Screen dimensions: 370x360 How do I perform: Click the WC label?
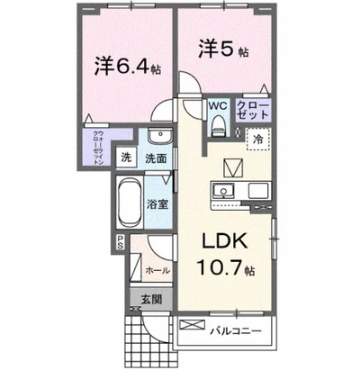pyautogui.click(x=218, y=105)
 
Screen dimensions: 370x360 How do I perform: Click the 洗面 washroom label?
pyautogui.click(x=157, y=158)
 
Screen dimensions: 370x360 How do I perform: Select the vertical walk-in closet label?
pyautogui.click(x=97, y=146)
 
